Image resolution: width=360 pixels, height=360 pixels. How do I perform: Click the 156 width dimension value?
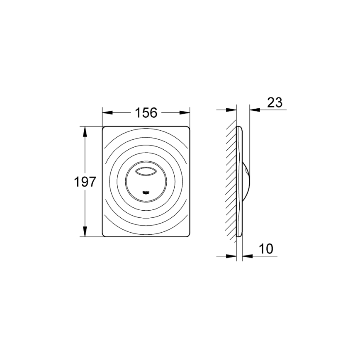146,112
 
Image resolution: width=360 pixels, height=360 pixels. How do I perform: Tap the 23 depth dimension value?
275,102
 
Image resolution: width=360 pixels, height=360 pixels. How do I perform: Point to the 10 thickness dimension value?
266,249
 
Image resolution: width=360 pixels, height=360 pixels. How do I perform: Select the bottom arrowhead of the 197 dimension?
85,233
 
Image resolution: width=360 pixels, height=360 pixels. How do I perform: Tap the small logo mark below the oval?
146,192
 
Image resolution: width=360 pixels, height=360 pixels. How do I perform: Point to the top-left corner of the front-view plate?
104,127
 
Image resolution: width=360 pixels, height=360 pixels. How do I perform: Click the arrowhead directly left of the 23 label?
255,110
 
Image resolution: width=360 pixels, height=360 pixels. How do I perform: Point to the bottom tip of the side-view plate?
238,236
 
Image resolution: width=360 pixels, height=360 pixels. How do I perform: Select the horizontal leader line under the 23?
270,110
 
